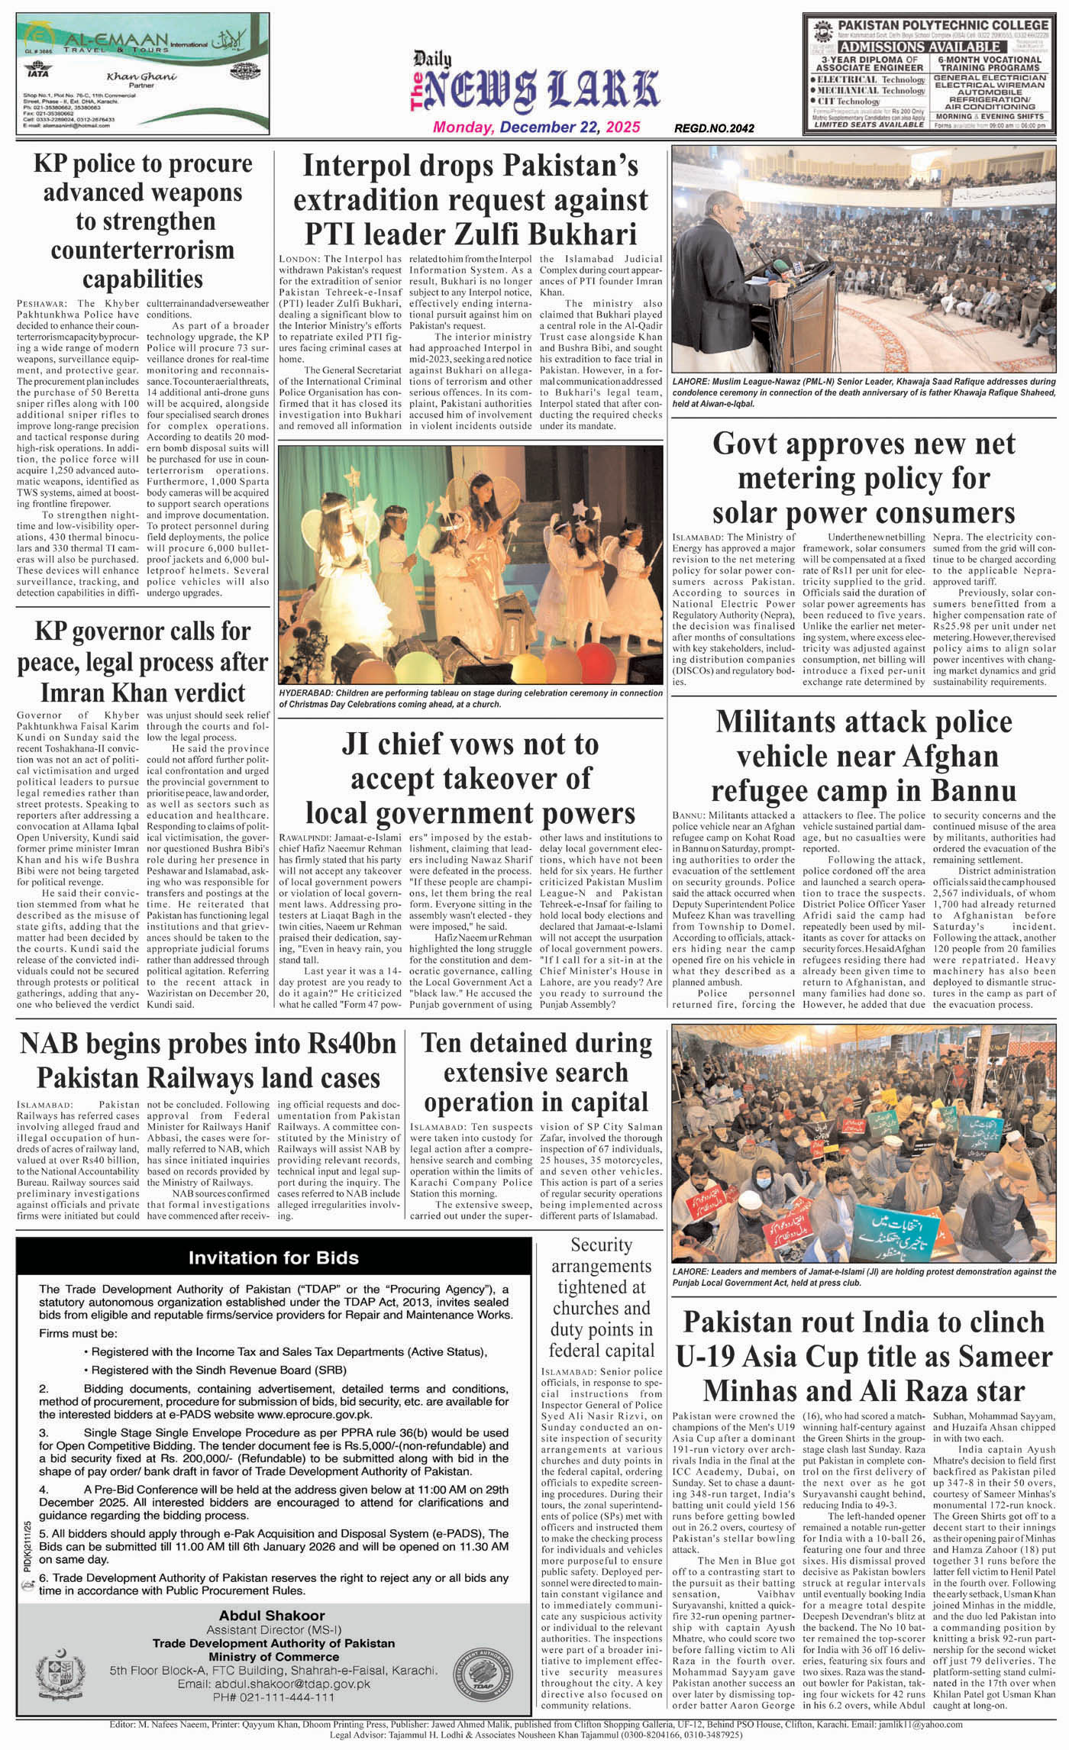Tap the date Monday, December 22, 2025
(x=537, y=128)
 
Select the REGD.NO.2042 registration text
(x=714, y=128)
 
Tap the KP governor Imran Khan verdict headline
(x=143, y=661)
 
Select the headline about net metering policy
(x=864, y=477)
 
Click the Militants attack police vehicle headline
(x=864, y=755)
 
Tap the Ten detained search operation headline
(x=536, y=1072)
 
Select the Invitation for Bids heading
(x=273, y=1258)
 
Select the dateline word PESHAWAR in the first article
(x=42, y=304)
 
